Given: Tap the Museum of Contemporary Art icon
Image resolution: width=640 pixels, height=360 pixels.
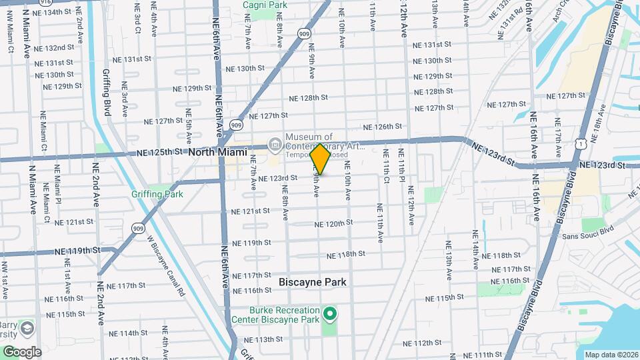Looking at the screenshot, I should coord(274,144).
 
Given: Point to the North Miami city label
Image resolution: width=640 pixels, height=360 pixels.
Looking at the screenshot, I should coord(217,152).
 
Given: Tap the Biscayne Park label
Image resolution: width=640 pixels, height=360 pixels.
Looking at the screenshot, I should coord(312,282).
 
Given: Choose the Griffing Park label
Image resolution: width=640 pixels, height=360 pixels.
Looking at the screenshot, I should coord(157,195).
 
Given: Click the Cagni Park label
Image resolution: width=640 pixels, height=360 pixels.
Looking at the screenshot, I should coord(264,5).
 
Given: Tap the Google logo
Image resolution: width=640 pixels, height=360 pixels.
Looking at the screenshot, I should coord(21,351).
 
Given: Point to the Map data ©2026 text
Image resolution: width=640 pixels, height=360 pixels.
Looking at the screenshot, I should coord(611,355).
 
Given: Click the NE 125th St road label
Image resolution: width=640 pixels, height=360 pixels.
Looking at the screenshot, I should coord(159,152).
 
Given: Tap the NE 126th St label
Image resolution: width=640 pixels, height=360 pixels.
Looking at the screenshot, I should coord(383,127).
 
